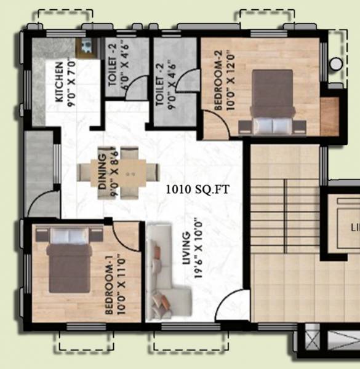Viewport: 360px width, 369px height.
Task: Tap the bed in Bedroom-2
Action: [x=272, y=101]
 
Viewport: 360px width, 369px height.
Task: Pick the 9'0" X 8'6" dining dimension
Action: [x=114, y=173]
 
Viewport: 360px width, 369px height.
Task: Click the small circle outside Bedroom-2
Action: [x=336, y=63]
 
